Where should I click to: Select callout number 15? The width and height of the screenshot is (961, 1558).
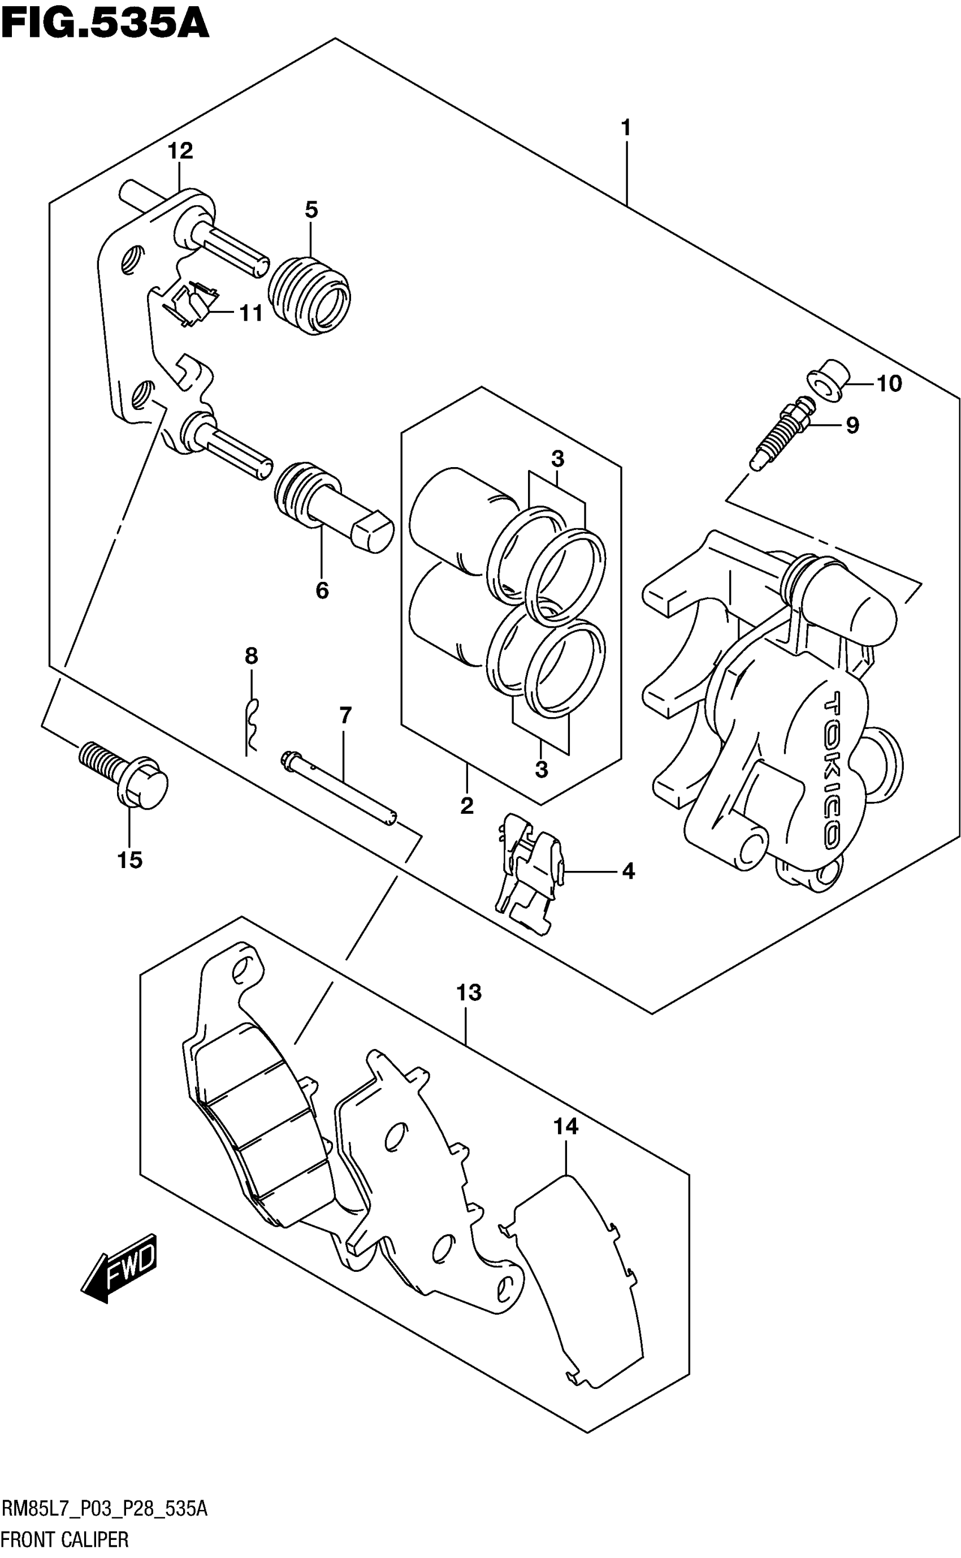coord(129,860)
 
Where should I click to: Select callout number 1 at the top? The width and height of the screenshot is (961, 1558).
coord(626,128)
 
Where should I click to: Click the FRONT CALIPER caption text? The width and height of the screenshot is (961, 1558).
coord(65,1539)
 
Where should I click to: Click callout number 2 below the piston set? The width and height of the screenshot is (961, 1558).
coord(467,806)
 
